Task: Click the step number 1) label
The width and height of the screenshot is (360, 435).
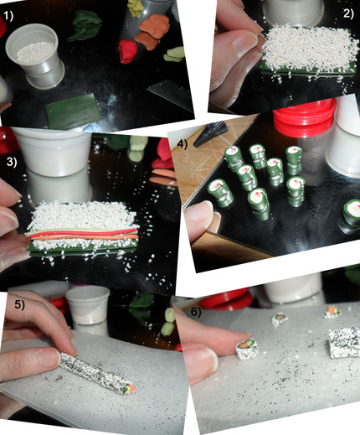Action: (x=8, y=16)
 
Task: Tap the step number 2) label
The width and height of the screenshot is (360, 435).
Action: (x=348, y=13)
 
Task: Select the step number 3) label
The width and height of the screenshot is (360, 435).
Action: (x=12, y=162)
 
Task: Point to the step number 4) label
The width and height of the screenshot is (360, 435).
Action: (x=182, y=144)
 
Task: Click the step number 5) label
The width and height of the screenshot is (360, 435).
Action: (x=20, y=304)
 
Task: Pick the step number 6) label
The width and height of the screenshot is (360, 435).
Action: (x=196, y=312)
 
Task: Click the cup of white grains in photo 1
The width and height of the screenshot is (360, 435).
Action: (x=35, y=56)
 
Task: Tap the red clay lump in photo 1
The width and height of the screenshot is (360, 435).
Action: (x=128, y=51)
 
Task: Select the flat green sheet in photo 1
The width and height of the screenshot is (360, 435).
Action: (x=73, y=111)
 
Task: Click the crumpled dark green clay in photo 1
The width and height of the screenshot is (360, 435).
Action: (x=85, y=25)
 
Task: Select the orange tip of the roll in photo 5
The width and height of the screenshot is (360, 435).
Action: (x=131, y=388)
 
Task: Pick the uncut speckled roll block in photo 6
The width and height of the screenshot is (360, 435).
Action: (x=344, y=342)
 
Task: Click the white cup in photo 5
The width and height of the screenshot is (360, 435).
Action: (x=87, y=305)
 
